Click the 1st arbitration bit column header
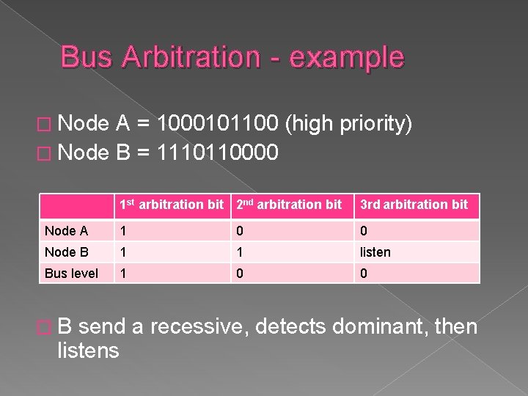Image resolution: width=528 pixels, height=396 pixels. coord(172,205)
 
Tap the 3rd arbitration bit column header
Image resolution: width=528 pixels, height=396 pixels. coord(414,205)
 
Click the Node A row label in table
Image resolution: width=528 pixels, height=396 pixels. coord(66,231)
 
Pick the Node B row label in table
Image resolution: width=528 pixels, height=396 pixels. coord(66,252)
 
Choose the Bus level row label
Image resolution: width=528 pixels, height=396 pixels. coord(71,273)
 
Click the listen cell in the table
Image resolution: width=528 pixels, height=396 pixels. coord(375,252)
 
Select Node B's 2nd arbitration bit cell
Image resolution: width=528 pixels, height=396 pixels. coord(238,252)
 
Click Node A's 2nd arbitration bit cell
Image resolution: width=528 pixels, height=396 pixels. coord(238,231)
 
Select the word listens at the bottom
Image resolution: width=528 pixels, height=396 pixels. coord(87,351)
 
